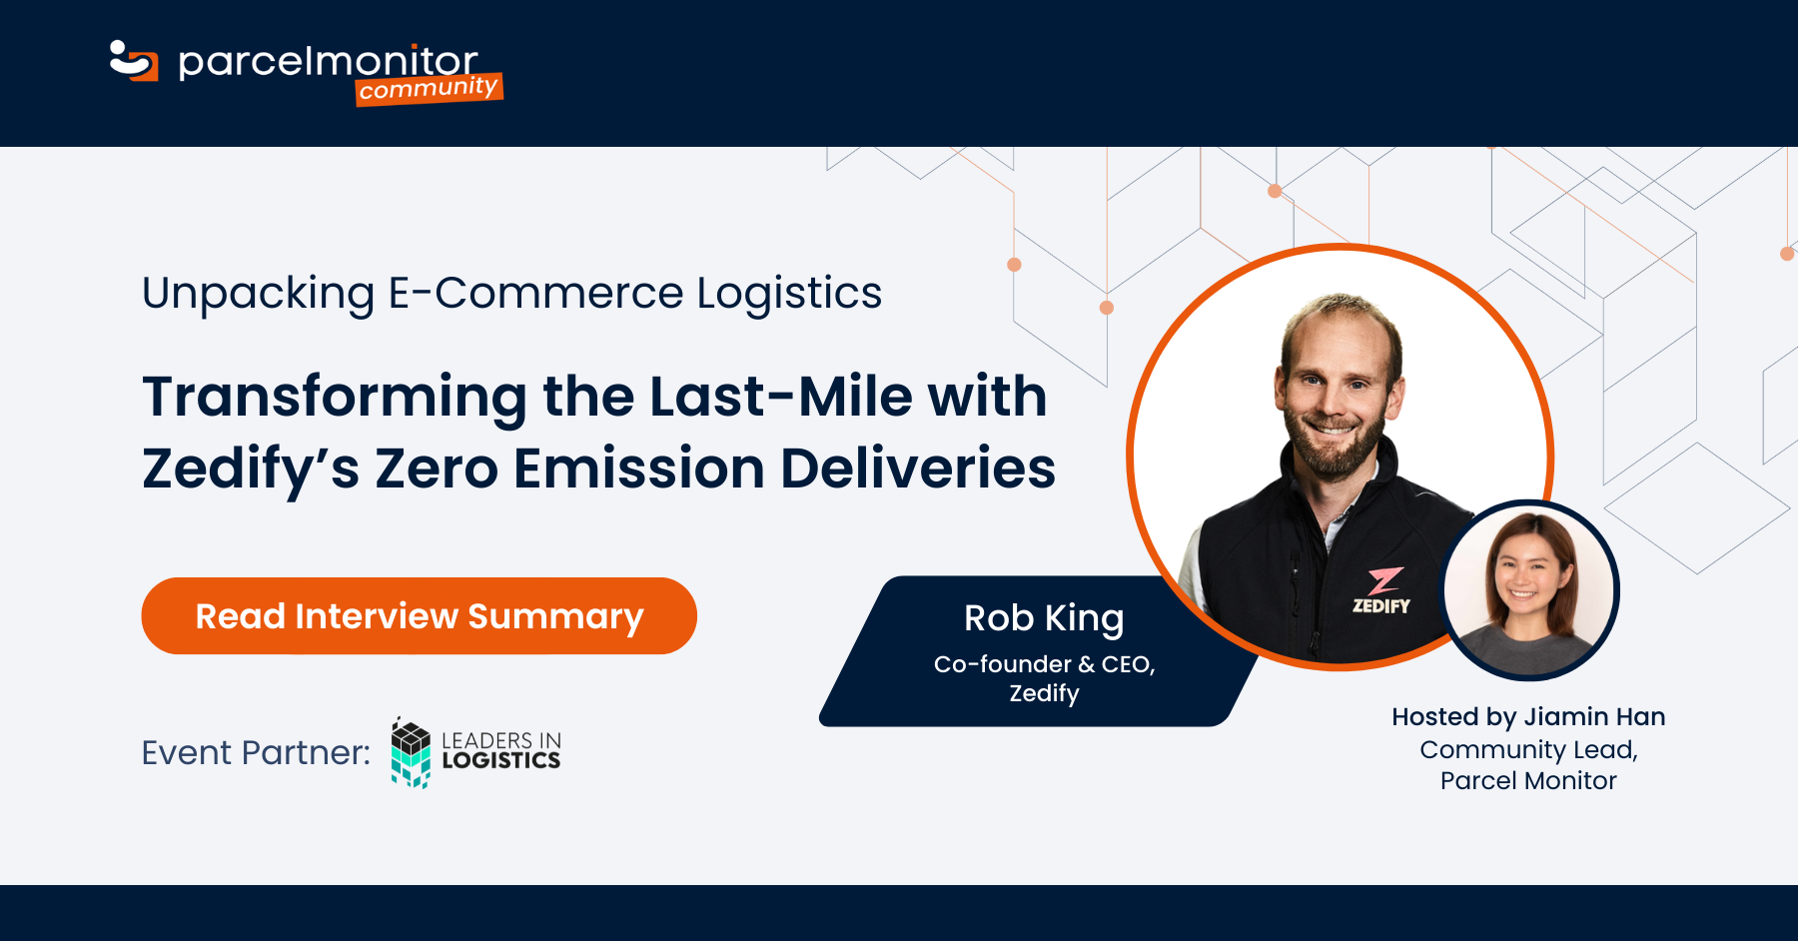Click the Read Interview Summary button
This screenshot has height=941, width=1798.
click(x=419, y=616)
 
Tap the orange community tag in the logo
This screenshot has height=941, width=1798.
click(x=430, y=89)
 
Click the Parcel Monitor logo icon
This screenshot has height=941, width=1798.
click(x=134, y=61)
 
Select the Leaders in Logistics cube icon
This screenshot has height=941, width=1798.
click(x=411, y=753)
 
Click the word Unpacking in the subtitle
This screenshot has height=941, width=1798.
click(x=259, y=294)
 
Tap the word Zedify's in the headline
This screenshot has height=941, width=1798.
click(x=251, y=469)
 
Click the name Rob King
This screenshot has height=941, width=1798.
click(x=1044, y=618)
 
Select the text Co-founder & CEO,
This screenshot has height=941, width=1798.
click(x=1044, y=664)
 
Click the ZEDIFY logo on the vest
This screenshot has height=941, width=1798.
click(x=1381, y=591)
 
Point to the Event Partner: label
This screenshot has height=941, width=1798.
click(x=256, y=752)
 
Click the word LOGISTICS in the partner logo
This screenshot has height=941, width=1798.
click(x=501, y=761)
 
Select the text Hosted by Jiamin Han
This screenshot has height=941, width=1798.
click(x=1528, y=716)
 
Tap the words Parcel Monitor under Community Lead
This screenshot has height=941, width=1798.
click(x=1528, y=781)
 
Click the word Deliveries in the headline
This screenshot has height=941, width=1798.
click(x=918, y=469)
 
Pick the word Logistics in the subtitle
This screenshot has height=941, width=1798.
click(x=789, y=294)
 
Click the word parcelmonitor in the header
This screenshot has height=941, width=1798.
click(x=328, y=62)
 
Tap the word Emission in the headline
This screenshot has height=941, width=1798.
click(x=639, y=469)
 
